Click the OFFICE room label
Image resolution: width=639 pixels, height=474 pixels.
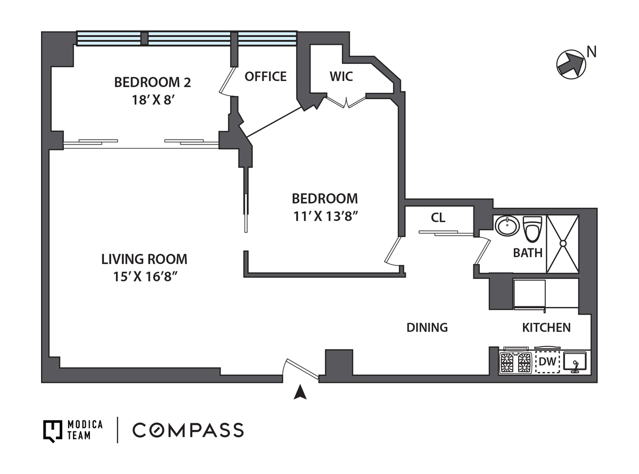[x=265, y=76]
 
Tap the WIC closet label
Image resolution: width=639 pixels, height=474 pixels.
[x=341, y=76]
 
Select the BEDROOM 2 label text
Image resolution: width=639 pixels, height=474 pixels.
[x=152, y=82]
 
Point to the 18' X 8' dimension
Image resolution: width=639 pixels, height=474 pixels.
[x=153, y=100]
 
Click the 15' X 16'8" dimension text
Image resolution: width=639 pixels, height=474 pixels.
[x=145, y=276]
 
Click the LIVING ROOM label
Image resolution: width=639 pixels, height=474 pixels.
[x=144, y=259]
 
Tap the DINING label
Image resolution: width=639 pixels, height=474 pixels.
[x=427, y=327]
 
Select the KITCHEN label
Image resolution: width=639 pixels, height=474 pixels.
[x=546, y=327]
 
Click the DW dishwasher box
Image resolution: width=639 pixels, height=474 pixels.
[x=547, y=362]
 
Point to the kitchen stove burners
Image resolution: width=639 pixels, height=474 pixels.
[x=515, y=363]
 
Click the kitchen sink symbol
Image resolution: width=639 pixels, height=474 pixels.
[x=575, y=363]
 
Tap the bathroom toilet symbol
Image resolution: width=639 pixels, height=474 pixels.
[x=532, y=229]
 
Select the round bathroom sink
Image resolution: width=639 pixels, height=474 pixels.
[x=507, y=226]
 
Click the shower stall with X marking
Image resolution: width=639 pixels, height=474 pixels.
[x=563, y=244]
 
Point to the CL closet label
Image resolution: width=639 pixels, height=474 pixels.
[x=438, y=218]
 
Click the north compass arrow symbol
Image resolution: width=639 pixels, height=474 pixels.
[x=571, y=65]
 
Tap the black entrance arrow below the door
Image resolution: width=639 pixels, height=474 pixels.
[x=300, y=392]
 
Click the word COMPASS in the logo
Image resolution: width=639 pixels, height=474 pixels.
[x=188, y=430]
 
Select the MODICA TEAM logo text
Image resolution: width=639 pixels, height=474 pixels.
[x=85, y=430]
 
